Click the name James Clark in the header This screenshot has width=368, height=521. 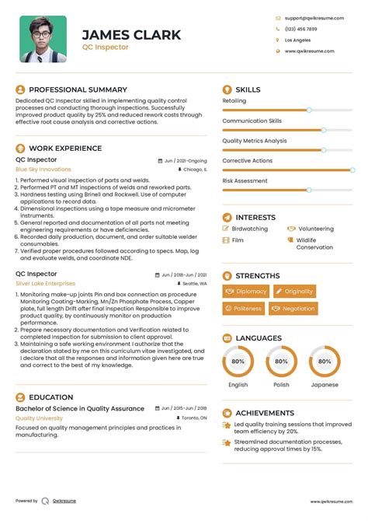click(131, 34)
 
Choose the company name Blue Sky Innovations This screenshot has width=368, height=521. click(43, 169)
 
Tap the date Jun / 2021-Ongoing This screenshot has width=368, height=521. click(184, 160)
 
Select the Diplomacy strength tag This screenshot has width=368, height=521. click(245, 291)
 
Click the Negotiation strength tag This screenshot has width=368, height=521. click(293, 309)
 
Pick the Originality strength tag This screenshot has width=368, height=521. click(293, 291)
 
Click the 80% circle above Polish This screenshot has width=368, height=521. click(281, 362)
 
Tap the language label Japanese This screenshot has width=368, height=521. click(325, 384)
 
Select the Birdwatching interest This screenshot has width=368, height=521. click(250, 229)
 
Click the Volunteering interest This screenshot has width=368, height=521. click(315, 229)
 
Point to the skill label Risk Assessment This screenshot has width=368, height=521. click(245, 180)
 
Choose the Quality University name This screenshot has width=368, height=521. click(39, 418)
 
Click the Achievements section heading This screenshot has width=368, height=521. click(265, 413)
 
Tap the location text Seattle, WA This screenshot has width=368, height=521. click(193, 284)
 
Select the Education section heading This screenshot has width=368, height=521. click(51, 397)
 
